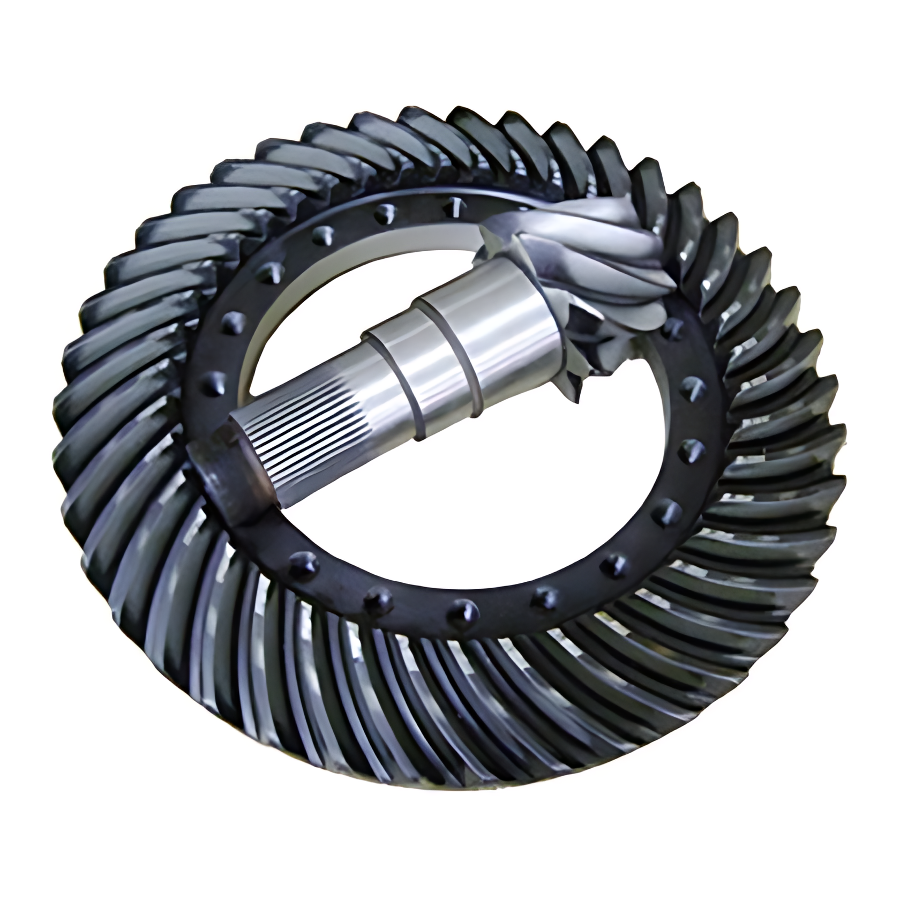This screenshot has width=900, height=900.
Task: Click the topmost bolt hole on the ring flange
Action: click(x=455, y=203)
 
